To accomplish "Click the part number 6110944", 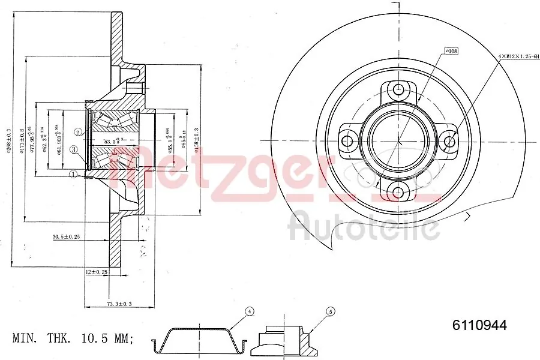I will [x=479, y=325].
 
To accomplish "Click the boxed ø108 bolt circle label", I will [x=451, y=52].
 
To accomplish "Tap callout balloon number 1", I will [x=73, y=175].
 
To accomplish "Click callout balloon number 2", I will [x=78, y=132].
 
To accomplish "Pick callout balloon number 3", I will [x=73, y=150].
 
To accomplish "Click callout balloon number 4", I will [x=250, y=311].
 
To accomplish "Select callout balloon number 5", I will [x=329, y=311].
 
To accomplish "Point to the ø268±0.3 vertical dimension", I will [x=9, y=141].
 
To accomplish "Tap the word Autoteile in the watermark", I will [x=364, y=227].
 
